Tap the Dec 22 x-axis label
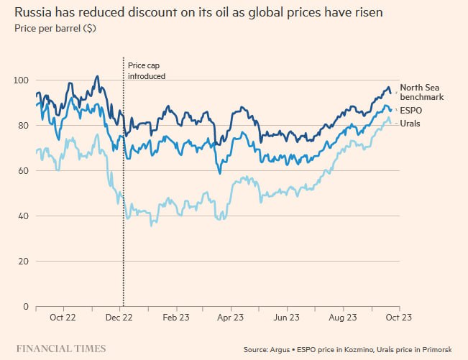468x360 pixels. [119, 316]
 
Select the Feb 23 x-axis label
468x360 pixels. [176, 316]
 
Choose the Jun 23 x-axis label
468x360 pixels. [286, 316]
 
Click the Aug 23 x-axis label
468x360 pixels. [342, 316]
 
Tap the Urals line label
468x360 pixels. [410, 124]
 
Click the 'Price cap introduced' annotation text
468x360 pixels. [147, 70]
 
